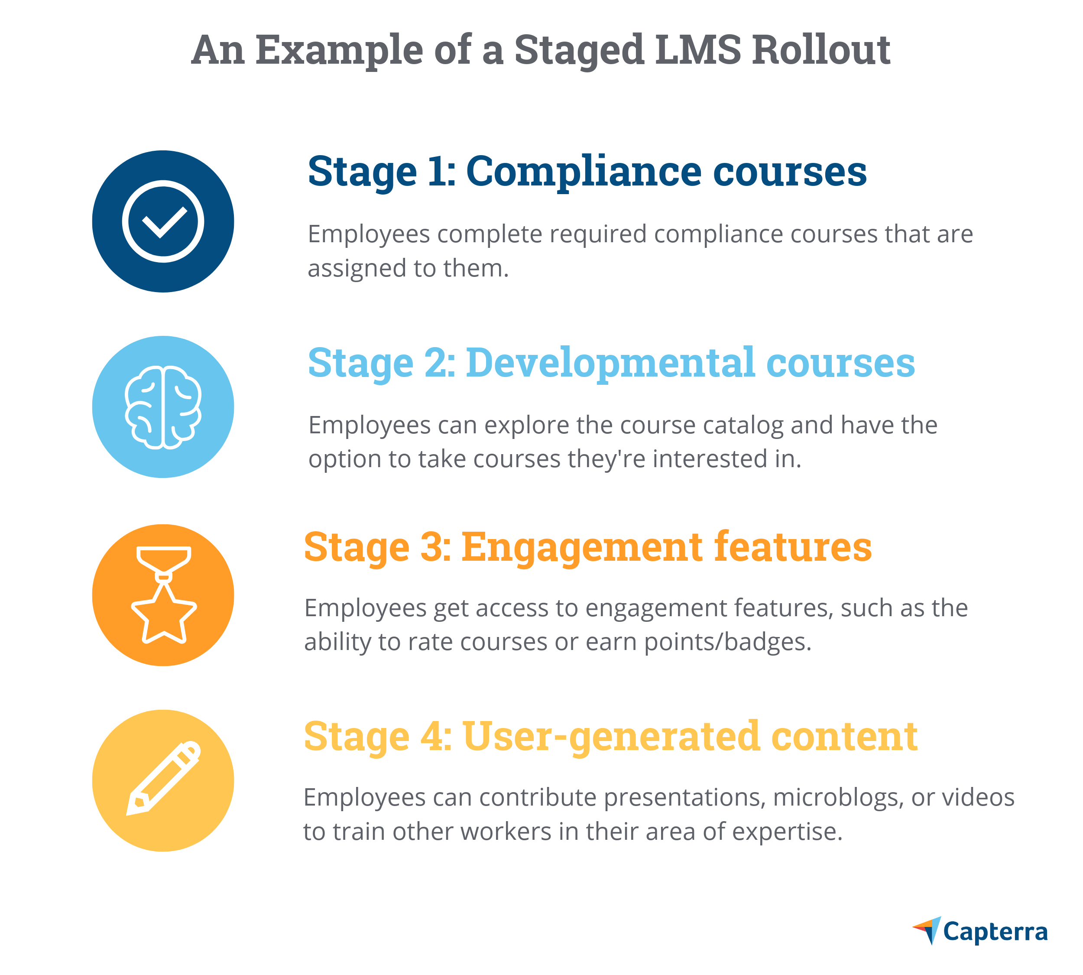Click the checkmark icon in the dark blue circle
click(x=163, y=221)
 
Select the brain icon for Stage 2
click(x=163, y=407)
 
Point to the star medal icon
click(x=163, y=595)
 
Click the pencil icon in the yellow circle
click(x=163, y=780)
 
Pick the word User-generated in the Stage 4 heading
click(x=610, y=737)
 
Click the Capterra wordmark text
click(x=995, y=932)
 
